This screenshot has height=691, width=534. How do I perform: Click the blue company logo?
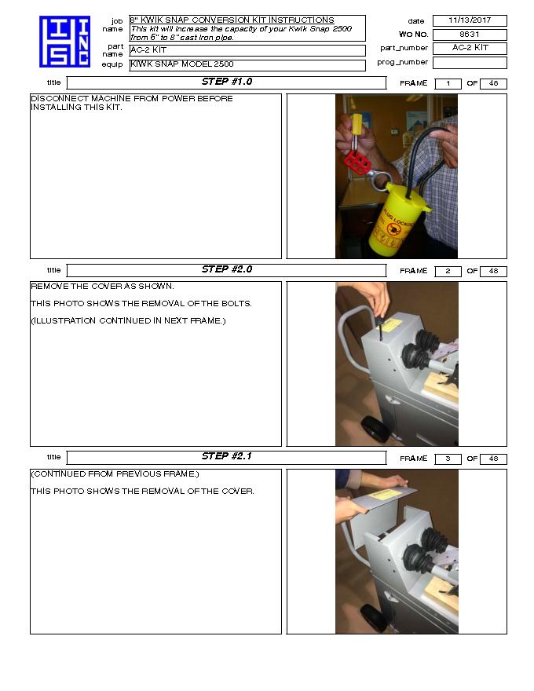tap(64, 41)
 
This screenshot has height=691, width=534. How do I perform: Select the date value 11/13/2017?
tap(470, 20)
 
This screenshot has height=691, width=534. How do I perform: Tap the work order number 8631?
tap(470, 35)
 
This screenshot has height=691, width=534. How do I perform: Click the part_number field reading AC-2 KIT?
tap(470, 49)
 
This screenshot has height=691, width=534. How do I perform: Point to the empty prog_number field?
tap(470, 63)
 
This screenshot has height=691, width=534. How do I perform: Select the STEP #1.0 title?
tap(226, 82)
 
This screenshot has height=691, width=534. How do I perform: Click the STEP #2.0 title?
tap(226, 270)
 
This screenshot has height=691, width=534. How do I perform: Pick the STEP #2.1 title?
tap(226, 457)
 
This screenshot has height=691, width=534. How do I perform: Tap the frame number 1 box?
tap(448, 84)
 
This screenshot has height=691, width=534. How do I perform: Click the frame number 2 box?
tap(448, 272)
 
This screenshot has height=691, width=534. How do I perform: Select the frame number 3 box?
tap(448, 459)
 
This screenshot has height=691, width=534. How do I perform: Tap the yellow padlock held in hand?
tap(357, 126)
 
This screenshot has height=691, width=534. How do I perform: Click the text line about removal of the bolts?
tap(141, 304)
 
